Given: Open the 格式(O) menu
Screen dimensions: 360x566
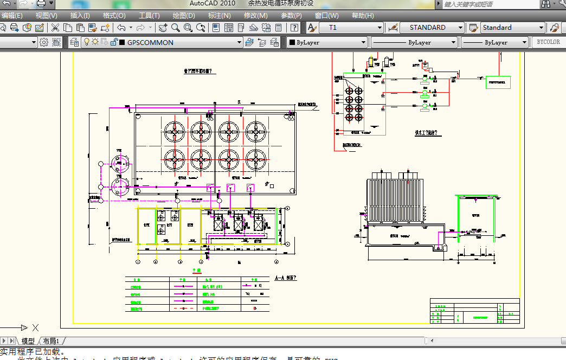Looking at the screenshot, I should coord(114,16).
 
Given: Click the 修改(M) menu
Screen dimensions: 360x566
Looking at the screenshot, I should coord(255,16).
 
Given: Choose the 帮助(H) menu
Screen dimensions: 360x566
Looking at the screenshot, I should coord(362,16).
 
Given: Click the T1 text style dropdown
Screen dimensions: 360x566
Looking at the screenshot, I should coord(351,28).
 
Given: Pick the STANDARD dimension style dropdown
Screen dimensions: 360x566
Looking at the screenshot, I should coord(432,28).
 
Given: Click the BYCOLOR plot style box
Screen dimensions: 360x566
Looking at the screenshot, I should coord(548,42).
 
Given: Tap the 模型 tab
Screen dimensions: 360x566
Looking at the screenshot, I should coord(28,341).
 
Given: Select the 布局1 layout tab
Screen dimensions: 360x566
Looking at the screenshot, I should coord(51,341).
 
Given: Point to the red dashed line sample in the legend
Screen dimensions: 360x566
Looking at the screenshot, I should coord(183,309).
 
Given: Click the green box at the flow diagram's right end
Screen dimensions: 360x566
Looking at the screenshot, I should coord(498,83).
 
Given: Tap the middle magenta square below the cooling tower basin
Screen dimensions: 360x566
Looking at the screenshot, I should coord(230,188).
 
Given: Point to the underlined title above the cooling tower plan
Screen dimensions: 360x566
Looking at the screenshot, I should coord(198,71).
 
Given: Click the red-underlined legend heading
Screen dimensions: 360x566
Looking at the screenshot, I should coord(197,270).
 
